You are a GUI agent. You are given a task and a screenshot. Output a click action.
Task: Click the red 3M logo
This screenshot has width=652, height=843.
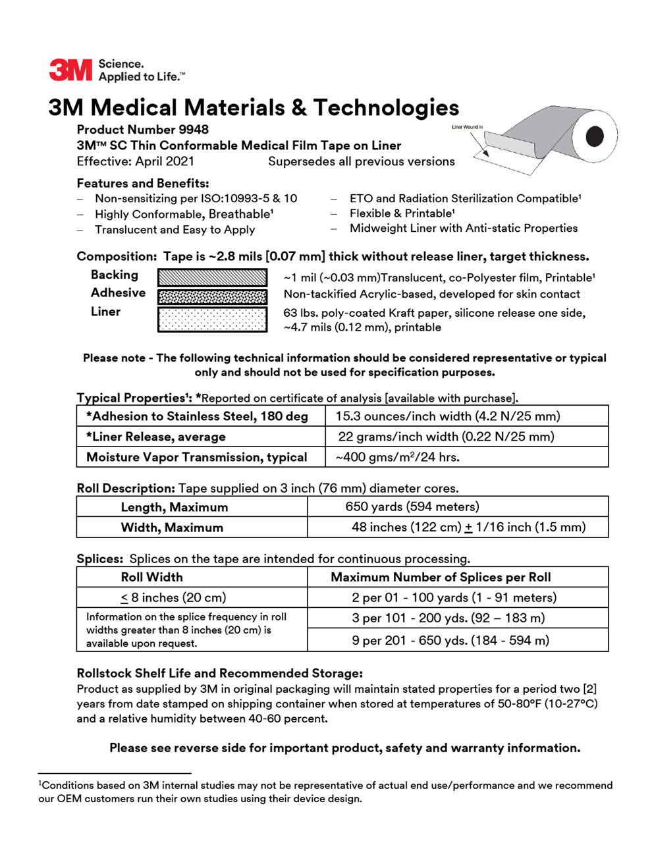[70, 70]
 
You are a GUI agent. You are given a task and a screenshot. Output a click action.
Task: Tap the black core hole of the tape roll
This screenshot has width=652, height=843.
[595, 136]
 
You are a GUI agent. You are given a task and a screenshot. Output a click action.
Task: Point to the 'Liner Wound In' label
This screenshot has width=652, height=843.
[467, 127]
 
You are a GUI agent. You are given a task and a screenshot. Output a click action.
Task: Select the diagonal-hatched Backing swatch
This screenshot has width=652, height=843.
[212, 277]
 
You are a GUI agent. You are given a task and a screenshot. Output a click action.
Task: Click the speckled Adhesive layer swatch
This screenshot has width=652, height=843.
[212, 296]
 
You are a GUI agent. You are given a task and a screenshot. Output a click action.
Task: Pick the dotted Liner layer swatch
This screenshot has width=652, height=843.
[212, 319]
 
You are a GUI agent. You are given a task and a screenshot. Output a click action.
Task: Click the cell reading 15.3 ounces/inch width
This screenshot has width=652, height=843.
[448, 416]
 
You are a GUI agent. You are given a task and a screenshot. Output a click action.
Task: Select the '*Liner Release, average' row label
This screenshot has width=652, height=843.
[156, 437]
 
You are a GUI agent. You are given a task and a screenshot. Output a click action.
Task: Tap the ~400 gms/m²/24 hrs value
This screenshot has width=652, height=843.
[398, 457]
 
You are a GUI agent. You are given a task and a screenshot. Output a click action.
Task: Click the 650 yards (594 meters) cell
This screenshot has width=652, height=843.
[412, 506]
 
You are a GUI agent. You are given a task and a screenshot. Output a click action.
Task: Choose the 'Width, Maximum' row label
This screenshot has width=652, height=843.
[172, 528]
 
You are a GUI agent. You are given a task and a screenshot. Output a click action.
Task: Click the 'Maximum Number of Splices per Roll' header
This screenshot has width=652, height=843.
[441, 578]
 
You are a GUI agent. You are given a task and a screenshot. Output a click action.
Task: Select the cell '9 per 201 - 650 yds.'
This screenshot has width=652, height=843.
[450, 640]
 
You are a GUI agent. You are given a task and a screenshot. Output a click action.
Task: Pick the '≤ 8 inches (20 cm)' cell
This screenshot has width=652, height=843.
[173, 598]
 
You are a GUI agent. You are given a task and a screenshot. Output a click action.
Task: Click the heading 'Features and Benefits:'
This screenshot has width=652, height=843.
[142, 183]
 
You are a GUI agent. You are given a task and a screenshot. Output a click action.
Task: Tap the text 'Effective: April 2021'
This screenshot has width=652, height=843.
[135, 161]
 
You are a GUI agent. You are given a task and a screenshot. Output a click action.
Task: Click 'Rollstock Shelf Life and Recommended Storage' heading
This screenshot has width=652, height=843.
[219, 673]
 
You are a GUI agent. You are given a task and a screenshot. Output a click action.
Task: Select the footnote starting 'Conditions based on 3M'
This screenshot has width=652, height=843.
[325, 792]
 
